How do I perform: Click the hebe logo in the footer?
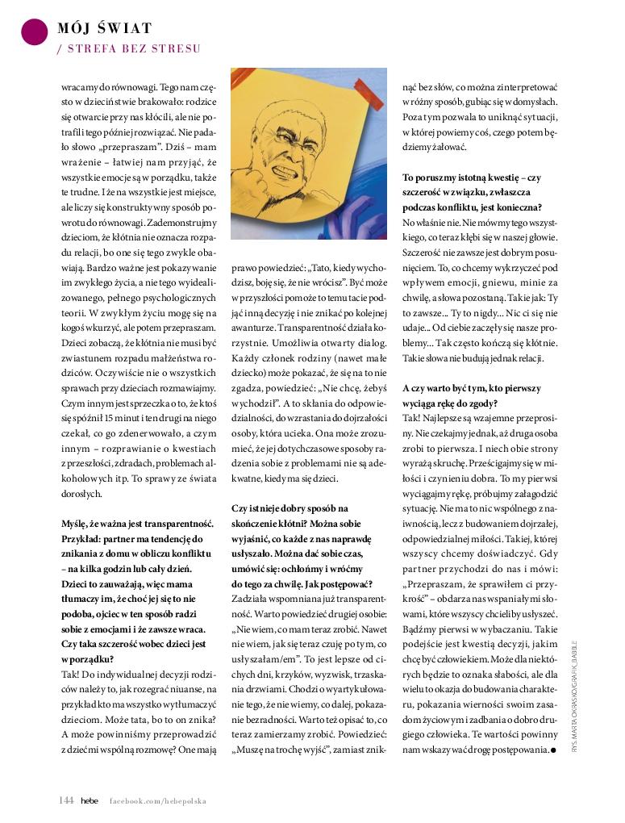pos(89,800)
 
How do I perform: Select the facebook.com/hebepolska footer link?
pos(158,800)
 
